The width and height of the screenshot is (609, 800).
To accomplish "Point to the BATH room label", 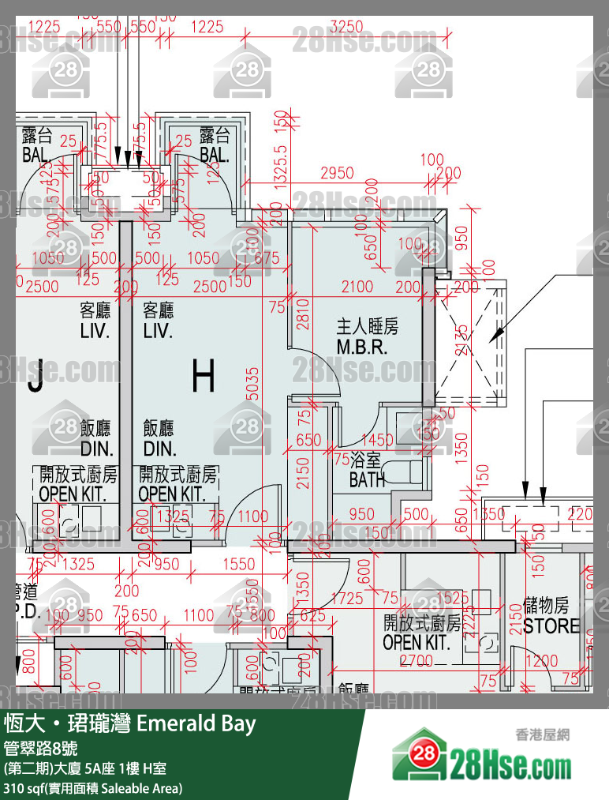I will pos(368,471).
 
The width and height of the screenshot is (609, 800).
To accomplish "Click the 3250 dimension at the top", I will pos(347,26).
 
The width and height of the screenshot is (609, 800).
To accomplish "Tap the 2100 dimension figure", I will pos(357,287).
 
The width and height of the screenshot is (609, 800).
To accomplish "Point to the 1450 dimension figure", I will pos(376,440).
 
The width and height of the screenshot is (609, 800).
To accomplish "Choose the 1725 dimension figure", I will pos(347,599).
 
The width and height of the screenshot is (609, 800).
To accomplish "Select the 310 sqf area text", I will pos(93,788).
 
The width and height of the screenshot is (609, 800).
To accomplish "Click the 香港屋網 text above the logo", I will pos(541,734).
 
